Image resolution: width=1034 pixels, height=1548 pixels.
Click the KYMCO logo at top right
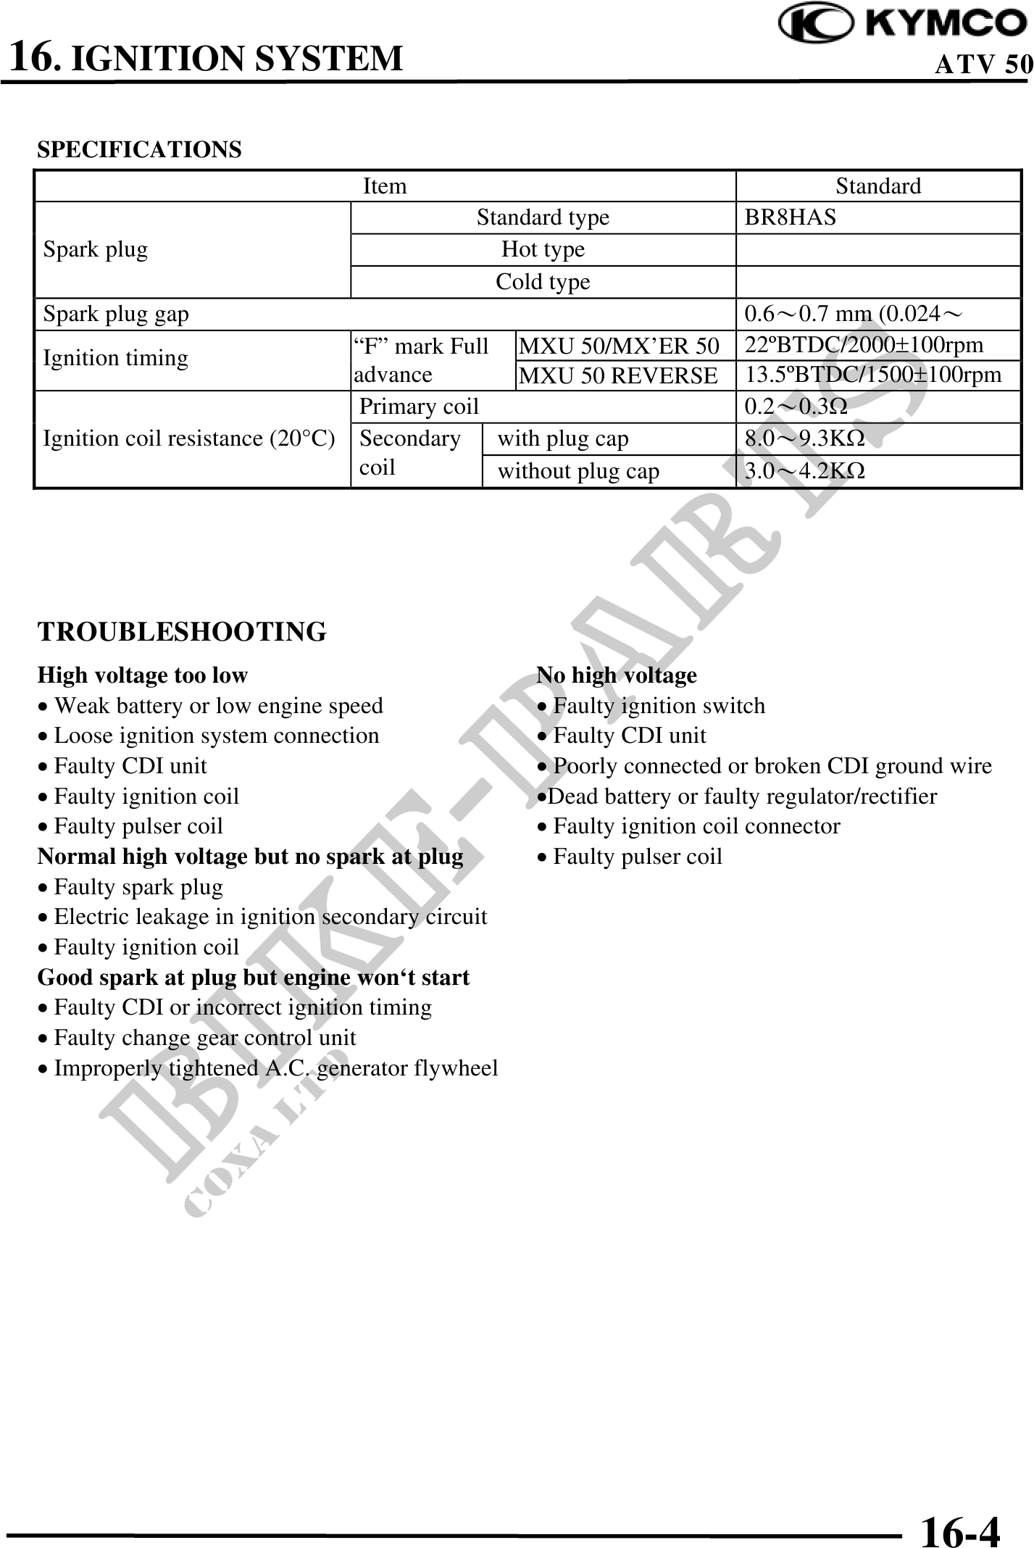(x=902, y=25)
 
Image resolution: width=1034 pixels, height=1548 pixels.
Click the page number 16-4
(x=959, y=1512)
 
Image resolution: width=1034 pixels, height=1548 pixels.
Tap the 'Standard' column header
(x=877, y=186)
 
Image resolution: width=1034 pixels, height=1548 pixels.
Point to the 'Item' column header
(x=384, y=186)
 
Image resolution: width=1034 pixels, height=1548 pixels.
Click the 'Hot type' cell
(x=543, y=249)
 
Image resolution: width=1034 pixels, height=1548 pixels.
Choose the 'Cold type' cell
(x=543, y=281)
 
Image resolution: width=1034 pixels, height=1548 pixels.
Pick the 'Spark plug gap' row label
(x=116, y=314)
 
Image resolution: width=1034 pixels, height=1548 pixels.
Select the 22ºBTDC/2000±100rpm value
(x=864, y=344)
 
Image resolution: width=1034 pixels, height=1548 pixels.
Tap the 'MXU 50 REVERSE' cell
(x=618, y=375)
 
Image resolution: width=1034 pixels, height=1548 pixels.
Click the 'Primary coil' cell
(x=419, y=407)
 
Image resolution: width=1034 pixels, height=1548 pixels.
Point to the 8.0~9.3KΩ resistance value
(x=804, y=438)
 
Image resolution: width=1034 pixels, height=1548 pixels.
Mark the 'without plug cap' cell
(x=578, y=471)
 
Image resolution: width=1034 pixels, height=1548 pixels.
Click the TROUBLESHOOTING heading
(x=182, y=632)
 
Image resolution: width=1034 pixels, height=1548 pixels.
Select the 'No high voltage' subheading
(x=616, y=675)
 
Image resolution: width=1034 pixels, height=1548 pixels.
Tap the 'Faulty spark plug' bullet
(x=138, y=887)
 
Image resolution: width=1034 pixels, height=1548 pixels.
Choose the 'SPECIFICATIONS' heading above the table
(x=139, y=150)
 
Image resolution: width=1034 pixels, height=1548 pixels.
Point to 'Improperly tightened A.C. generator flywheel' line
(x=275, y=1068)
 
